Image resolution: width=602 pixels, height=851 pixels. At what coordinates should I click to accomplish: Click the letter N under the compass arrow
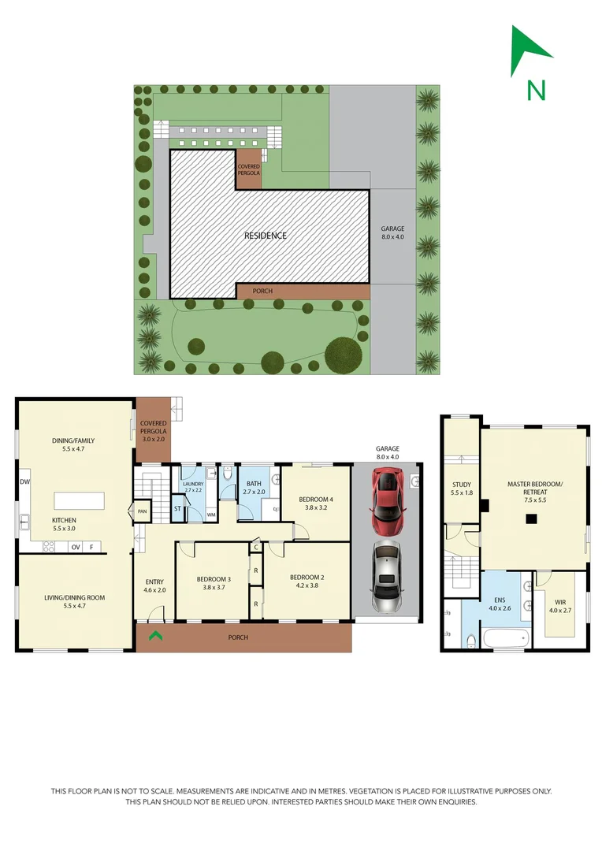coord(537,91)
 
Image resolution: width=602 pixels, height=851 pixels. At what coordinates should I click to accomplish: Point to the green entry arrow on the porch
coord(156,635)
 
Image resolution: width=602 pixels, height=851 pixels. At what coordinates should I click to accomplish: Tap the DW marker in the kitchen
coord(24,481)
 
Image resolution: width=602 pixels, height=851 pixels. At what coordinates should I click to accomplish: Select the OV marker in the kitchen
coord(76,546)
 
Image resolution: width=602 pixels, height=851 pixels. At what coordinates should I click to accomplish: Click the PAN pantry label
coord(143,511)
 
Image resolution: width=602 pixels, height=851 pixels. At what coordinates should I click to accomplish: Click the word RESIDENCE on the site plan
coord(265,236)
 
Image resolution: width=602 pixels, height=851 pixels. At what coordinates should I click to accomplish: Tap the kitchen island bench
coord(79,501)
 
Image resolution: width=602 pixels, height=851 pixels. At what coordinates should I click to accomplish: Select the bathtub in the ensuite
coord(504,637)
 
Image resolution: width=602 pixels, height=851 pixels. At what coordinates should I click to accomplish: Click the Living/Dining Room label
coord(74,598)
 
